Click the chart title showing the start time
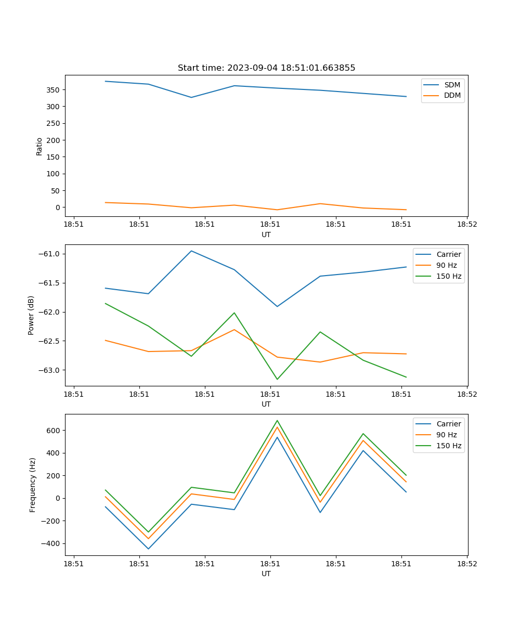266,68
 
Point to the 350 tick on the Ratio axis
54,90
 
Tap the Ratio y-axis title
40,146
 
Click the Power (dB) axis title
31,315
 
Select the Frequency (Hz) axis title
33,485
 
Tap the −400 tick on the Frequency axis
51,544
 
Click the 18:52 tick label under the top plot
467,225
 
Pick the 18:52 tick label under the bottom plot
467,564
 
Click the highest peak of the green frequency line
277,420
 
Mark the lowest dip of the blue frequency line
148,549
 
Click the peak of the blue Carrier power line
191,251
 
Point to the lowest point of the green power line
277,379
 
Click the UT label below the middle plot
266,404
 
